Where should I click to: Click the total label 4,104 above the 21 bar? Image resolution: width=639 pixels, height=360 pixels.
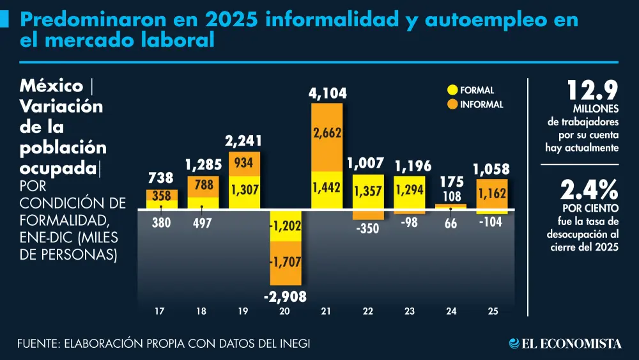pyautogui.click(x=327, y=93)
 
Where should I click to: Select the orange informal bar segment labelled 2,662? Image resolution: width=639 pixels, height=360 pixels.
pyautogui.click(x=327, y=133)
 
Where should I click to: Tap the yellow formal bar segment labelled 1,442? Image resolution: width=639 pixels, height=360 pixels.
pyautogui.click(x=327, y=189)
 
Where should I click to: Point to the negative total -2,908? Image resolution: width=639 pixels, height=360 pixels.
pyautogui.click(x=285, y=296)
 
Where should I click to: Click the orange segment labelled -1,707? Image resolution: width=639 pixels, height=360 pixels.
pyautogui.click(x=286, y=262)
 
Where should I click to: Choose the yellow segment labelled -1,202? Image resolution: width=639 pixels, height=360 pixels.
pyautogui.click(x=286, y=226)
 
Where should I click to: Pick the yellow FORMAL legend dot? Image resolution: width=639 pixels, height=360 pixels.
pyautogui.click(x=453, y=91)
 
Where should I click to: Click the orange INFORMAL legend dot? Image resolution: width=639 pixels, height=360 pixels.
pyautogui.click(x=453, y=104)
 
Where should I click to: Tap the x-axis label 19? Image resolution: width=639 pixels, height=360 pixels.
pyautogui.click(x=243, y=311)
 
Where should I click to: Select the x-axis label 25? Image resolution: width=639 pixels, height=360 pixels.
pyautogui.click(x=492, y=311)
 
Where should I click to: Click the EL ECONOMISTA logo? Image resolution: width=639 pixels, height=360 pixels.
pyautogui.click(x=565, y=344)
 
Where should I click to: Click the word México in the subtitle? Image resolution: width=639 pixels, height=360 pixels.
pyautogui.click(x=52, y=86)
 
